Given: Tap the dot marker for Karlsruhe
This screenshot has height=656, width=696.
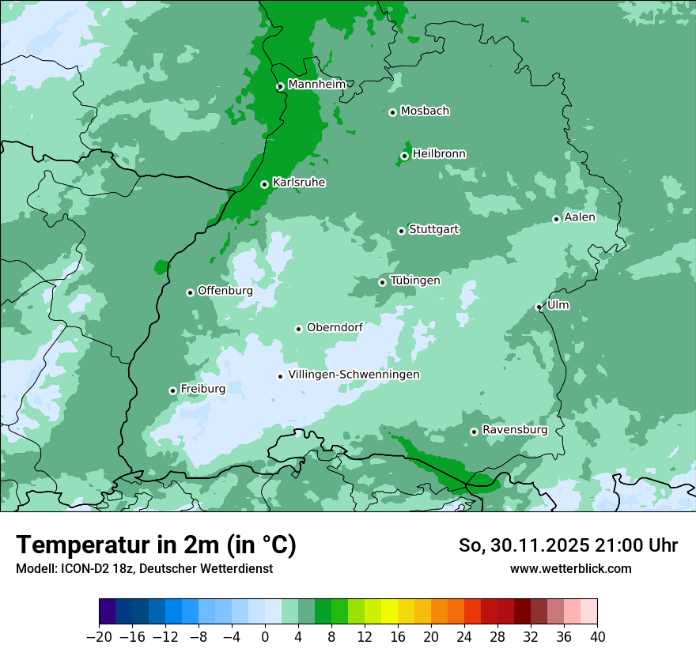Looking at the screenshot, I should (x=264, y=184).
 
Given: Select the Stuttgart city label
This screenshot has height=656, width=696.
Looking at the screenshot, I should (x=433, y=230).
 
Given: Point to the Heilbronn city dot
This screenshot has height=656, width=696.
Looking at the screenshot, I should (x=404, y=156).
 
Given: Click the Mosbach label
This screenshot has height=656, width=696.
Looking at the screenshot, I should (x=425, y=111).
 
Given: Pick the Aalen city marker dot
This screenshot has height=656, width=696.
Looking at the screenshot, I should (x=556, y=219).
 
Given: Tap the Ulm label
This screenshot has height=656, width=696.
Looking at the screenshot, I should (x=558, y=305).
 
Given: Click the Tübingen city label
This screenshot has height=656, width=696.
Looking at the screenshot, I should (x=415, y=281).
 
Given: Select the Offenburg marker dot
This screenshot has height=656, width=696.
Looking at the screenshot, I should (x=190, y=292).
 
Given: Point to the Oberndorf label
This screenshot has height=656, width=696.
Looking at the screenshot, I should (x=335, y=327).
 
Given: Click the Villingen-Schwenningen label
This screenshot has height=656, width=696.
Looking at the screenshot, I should (x=354, y=375).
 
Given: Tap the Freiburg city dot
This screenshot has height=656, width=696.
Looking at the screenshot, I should (x=172, y=390).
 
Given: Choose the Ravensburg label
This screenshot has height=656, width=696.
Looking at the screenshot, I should (x=515, y=430).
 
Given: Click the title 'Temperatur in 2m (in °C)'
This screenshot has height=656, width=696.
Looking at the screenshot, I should (x=156, y=545).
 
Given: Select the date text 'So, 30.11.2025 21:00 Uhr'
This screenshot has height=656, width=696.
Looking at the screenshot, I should (x=567, y=545).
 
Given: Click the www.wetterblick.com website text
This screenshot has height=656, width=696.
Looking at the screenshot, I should (x=570, y=568).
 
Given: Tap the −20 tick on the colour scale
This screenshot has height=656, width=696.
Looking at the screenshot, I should (x=99, y=637).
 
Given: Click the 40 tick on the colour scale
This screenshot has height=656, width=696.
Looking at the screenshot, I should (x=597, y=637).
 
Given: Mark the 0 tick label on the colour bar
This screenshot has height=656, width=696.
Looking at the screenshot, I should (x=265, y=637).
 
